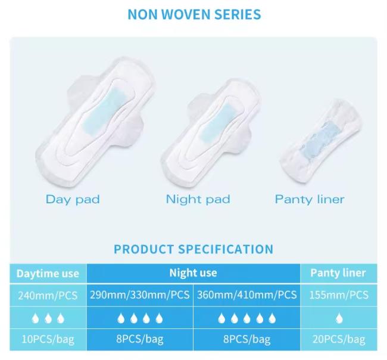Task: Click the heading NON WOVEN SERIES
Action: tap(193, 14)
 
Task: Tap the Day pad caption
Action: tap(73, 199)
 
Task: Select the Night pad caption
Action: tap(198, 199)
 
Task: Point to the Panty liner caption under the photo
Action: tap(310, 199)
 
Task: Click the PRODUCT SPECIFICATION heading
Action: tap(193, 249)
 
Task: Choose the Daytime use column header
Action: tap(48, 274)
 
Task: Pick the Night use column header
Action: tap(193, 273)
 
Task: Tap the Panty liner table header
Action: tap(338, 273)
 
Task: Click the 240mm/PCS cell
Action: tap(48, 294)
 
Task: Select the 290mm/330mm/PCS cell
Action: tap(139, 294)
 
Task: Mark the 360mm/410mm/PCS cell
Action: tap(246, 294)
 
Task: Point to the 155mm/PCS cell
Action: tap(338, 294)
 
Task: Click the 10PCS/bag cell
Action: tap(48, 339)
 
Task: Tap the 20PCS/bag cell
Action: tap(338, 339)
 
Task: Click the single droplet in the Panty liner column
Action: tap(338, 318)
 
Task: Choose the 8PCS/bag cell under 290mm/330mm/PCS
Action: tap(139, 339)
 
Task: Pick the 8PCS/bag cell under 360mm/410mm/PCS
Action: tap(246, 339)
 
